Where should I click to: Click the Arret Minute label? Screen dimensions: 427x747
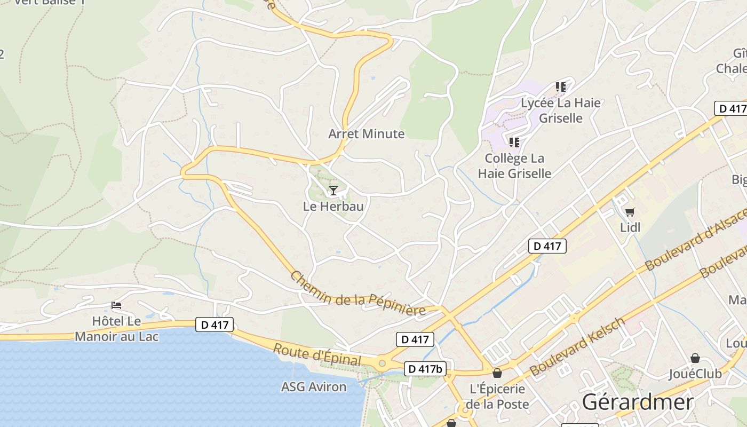point(366,134)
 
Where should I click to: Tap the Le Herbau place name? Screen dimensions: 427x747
point(333,206)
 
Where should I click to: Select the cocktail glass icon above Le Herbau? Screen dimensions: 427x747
point(333,191)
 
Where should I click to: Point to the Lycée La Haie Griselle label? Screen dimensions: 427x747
point(560,110)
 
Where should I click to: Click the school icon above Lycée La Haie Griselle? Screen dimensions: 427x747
point(560,86)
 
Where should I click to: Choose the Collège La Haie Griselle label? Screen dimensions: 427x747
point(514,165)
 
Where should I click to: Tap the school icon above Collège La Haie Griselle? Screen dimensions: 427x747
point(514,142)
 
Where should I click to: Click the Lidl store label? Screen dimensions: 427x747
point(630,227)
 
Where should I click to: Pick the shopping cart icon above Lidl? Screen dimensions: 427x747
point(630,212)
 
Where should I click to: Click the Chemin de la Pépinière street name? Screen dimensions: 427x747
point(357,294)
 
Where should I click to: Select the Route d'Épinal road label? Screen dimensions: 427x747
point(316,354)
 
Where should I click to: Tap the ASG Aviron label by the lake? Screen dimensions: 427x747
point(314,386)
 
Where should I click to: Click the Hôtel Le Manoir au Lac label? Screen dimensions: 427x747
point(116,329)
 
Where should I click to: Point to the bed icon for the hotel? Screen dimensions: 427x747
point(116,305)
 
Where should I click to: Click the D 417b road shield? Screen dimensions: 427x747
point(425,369)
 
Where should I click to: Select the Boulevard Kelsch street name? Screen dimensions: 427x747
point(576,347)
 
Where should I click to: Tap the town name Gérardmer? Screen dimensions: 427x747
point(638,402)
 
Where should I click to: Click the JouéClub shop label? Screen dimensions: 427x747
point(695,374)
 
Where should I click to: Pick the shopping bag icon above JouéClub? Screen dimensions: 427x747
point(695,358)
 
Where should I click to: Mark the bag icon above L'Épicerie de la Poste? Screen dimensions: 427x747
point(497,373)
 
